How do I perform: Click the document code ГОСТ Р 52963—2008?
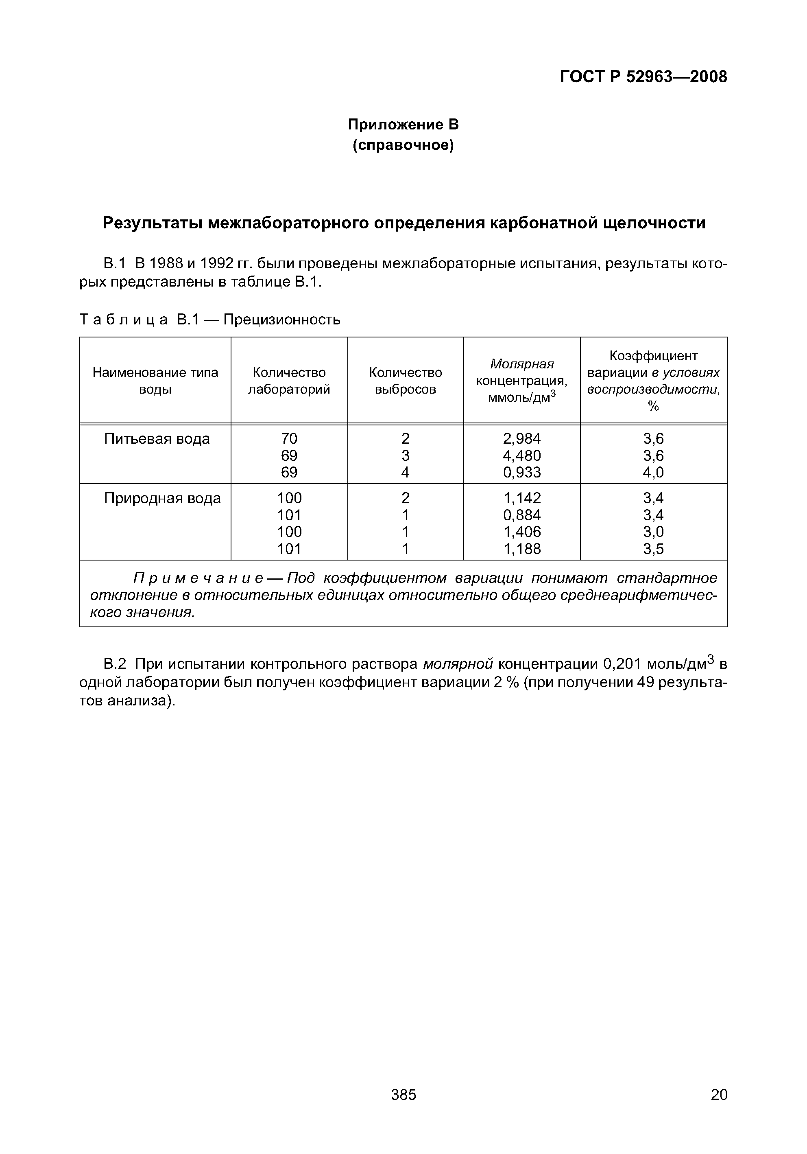[643, 77]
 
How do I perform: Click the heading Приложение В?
[403, 124]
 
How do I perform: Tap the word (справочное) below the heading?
[403, 145]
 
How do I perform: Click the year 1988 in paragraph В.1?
[165, 263]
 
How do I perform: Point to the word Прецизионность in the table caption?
[282, 319]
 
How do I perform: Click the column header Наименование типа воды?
[155, 381]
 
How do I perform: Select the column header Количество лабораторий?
[289, 381]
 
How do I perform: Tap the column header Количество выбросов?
[405, 381]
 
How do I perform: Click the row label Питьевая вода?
[157, 439]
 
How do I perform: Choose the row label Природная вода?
[162, 498]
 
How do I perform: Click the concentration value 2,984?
[522, 439]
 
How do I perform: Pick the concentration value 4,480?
[522, 455]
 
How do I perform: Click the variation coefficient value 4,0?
[653, 473]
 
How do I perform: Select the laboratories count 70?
[289, 439]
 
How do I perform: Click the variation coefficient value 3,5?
[653, 549]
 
